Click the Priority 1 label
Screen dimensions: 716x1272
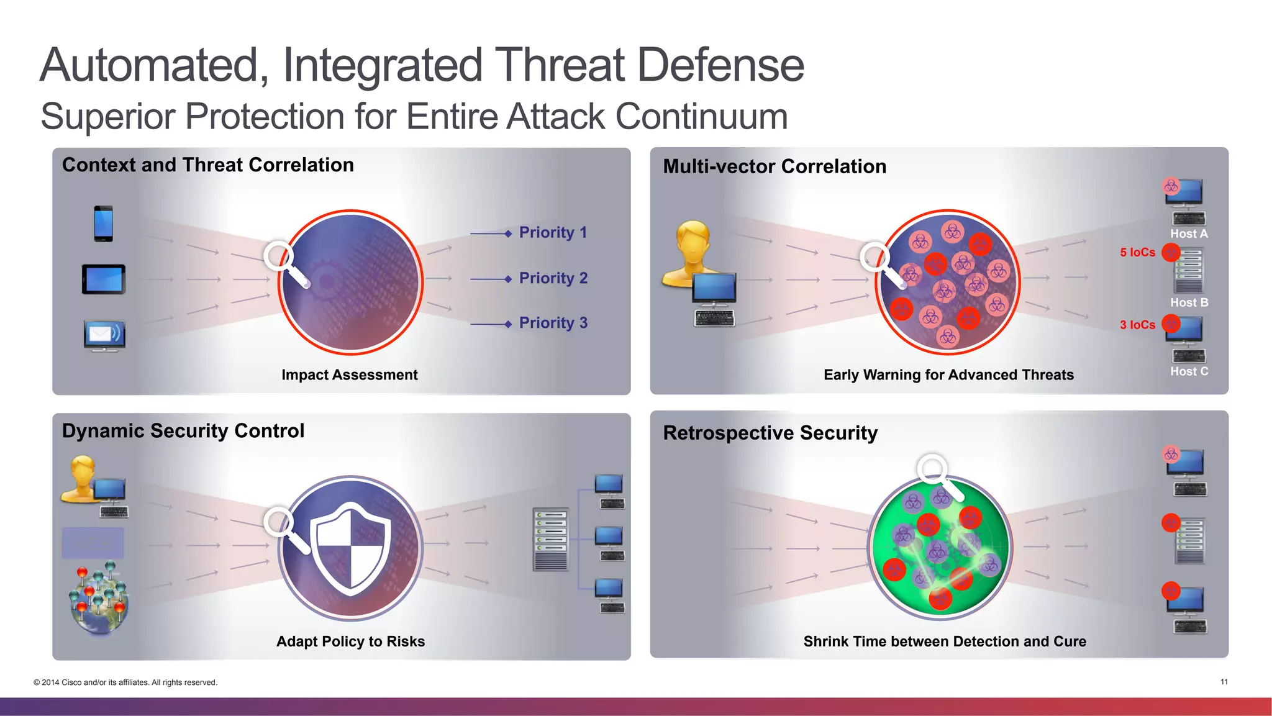[x=553, y=232]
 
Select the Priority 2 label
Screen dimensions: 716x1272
[x=553, y=278]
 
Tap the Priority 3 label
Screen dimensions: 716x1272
[x=553, y=323]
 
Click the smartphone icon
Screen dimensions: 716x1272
[x=103, y=224]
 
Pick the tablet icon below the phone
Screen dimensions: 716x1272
[x=104, y=279]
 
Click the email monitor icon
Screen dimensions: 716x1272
[x=104, y=335]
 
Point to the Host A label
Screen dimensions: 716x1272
[x=1189, y=234]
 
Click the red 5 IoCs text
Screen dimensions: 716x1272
[x=1137, y=253]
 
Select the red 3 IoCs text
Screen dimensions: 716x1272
[x=1137, y=325]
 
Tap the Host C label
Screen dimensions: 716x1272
[x=1189, y=371]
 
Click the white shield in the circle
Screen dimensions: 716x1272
[x=351, y=548]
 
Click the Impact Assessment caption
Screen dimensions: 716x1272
[x=350, y=375]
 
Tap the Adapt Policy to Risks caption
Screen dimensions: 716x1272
[x=350, y=641]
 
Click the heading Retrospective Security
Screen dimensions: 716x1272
[x=770, y=433]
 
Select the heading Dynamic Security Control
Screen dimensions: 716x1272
[x=183, y=431]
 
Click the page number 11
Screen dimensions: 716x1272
[x=1224, y=682]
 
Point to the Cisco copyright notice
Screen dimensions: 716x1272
[x=125, y=682]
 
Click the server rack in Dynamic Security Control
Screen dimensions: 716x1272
[x=550, y=539]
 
